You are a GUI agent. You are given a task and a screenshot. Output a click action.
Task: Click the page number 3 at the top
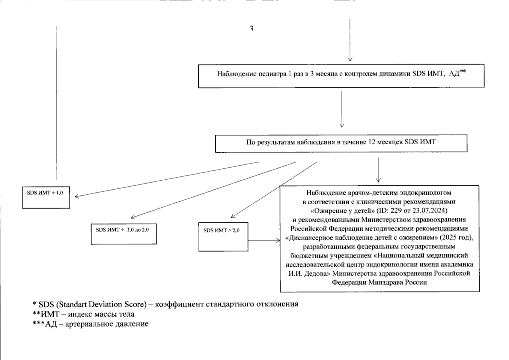click(252, 28)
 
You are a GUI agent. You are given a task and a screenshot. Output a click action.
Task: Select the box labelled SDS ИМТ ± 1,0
click(46, 197)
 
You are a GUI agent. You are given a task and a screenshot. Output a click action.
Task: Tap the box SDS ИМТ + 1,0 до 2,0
click(124, 234)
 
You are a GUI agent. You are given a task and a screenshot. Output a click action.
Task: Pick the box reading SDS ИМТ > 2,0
click(223, 237)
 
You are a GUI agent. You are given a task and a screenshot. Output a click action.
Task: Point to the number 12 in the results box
click(371, 142)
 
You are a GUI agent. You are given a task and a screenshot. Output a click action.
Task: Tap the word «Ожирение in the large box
click(326, 210)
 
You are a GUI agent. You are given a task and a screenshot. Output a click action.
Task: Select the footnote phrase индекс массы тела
click(101, 314)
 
